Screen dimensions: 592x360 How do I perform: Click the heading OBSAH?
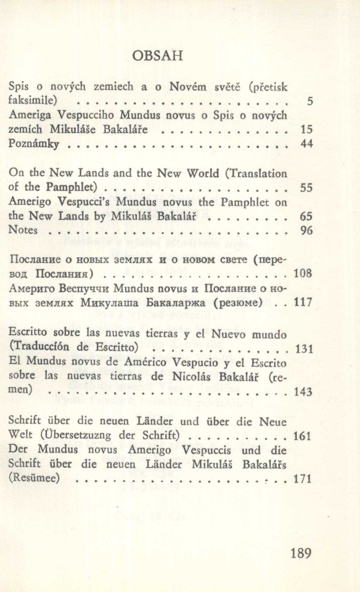(158, 56)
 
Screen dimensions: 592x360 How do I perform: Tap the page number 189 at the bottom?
(301, 552)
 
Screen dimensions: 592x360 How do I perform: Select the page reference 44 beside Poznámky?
(306, 144)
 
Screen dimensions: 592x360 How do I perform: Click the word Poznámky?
(33, 144)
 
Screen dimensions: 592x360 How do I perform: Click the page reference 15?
(306, 129)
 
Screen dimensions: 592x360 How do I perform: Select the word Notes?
(23, 230)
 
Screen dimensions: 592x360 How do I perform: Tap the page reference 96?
(306, 230)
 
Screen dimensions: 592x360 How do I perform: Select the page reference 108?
(302, 273)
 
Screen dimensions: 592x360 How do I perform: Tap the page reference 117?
(302, 302)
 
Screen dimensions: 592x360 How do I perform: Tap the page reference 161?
(302, 436)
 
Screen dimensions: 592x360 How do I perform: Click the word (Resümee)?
(34, 478)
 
